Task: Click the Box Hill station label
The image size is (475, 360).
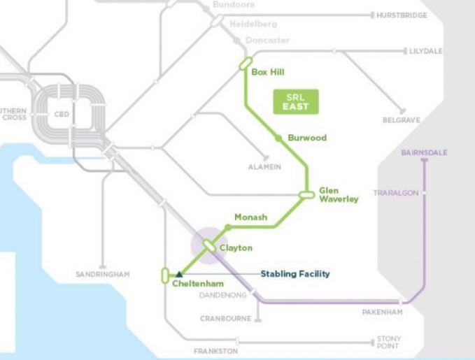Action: pos(268,72)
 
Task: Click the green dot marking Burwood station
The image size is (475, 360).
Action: pos(278,138)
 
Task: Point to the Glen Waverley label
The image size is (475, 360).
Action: pos(339,194)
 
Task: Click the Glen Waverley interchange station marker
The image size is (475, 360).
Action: pos(306,194)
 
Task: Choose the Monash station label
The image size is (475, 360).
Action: pos(250,217)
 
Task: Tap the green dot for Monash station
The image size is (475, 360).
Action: pos(228,226)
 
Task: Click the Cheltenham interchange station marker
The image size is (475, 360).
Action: pos(164,275)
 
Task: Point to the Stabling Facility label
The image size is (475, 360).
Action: pos(295,273)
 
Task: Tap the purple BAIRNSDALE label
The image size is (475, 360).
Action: pos(425,152)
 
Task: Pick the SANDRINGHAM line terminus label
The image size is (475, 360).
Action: pos(102,274)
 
